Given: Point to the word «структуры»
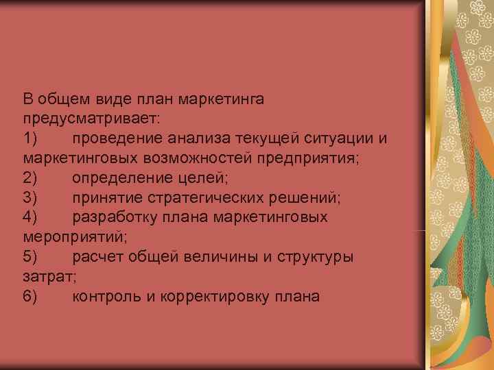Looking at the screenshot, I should (316, 258).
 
